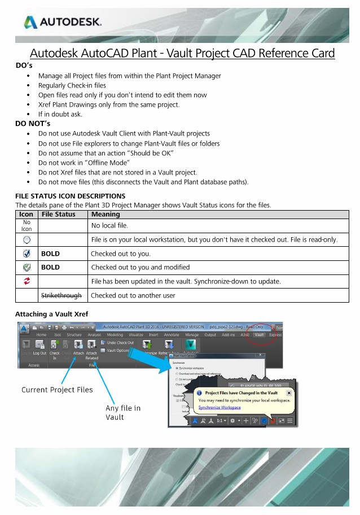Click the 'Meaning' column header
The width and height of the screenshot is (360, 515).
tap(105, 215)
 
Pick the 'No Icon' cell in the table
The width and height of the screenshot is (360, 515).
tap(26, 226)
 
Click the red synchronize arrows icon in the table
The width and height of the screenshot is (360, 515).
tap(27, 281)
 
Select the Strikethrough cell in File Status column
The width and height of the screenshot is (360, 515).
tap(61, 295)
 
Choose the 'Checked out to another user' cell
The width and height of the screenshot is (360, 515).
tap(133, 295)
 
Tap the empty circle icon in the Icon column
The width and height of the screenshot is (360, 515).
tap(27, 240)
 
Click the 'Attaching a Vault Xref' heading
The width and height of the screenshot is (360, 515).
tap(51, 314)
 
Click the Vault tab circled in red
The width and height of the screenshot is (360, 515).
tap(260, 335)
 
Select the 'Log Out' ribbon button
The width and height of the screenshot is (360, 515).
tap(39, 353)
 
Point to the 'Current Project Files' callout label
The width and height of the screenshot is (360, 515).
tap(57, 390)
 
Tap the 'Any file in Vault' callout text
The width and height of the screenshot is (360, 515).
tap(123, 412)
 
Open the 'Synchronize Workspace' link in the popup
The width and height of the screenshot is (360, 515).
tap(219, 407)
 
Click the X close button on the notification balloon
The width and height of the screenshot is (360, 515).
tap(289, 392)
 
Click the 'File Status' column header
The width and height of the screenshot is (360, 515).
tap(58, 215)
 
